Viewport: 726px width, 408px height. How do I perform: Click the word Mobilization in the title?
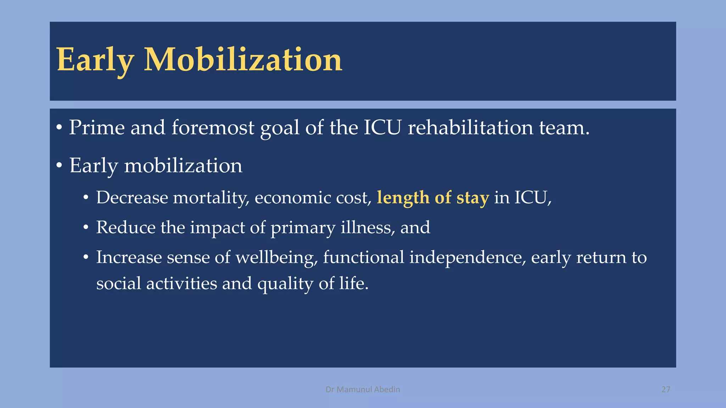click(243, 60)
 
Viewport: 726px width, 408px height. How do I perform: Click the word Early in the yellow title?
click(95, 60)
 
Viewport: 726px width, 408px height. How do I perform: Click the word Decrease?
click(132, 198)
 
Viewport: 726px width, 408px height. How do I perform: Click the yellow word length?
click(403, 198)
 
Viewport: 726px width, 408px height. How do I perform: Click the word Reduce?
click(125, 227)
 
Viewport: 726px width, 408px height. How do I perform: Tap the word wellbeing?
click(277, 257)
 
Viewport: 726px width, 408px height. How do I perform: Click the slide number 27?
click(666, 390)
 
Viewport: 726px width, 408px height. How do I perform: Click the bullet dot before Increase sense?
click(86, 258)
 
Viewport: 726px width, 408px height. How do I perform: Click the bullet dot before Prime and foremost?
click(59, 128)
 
